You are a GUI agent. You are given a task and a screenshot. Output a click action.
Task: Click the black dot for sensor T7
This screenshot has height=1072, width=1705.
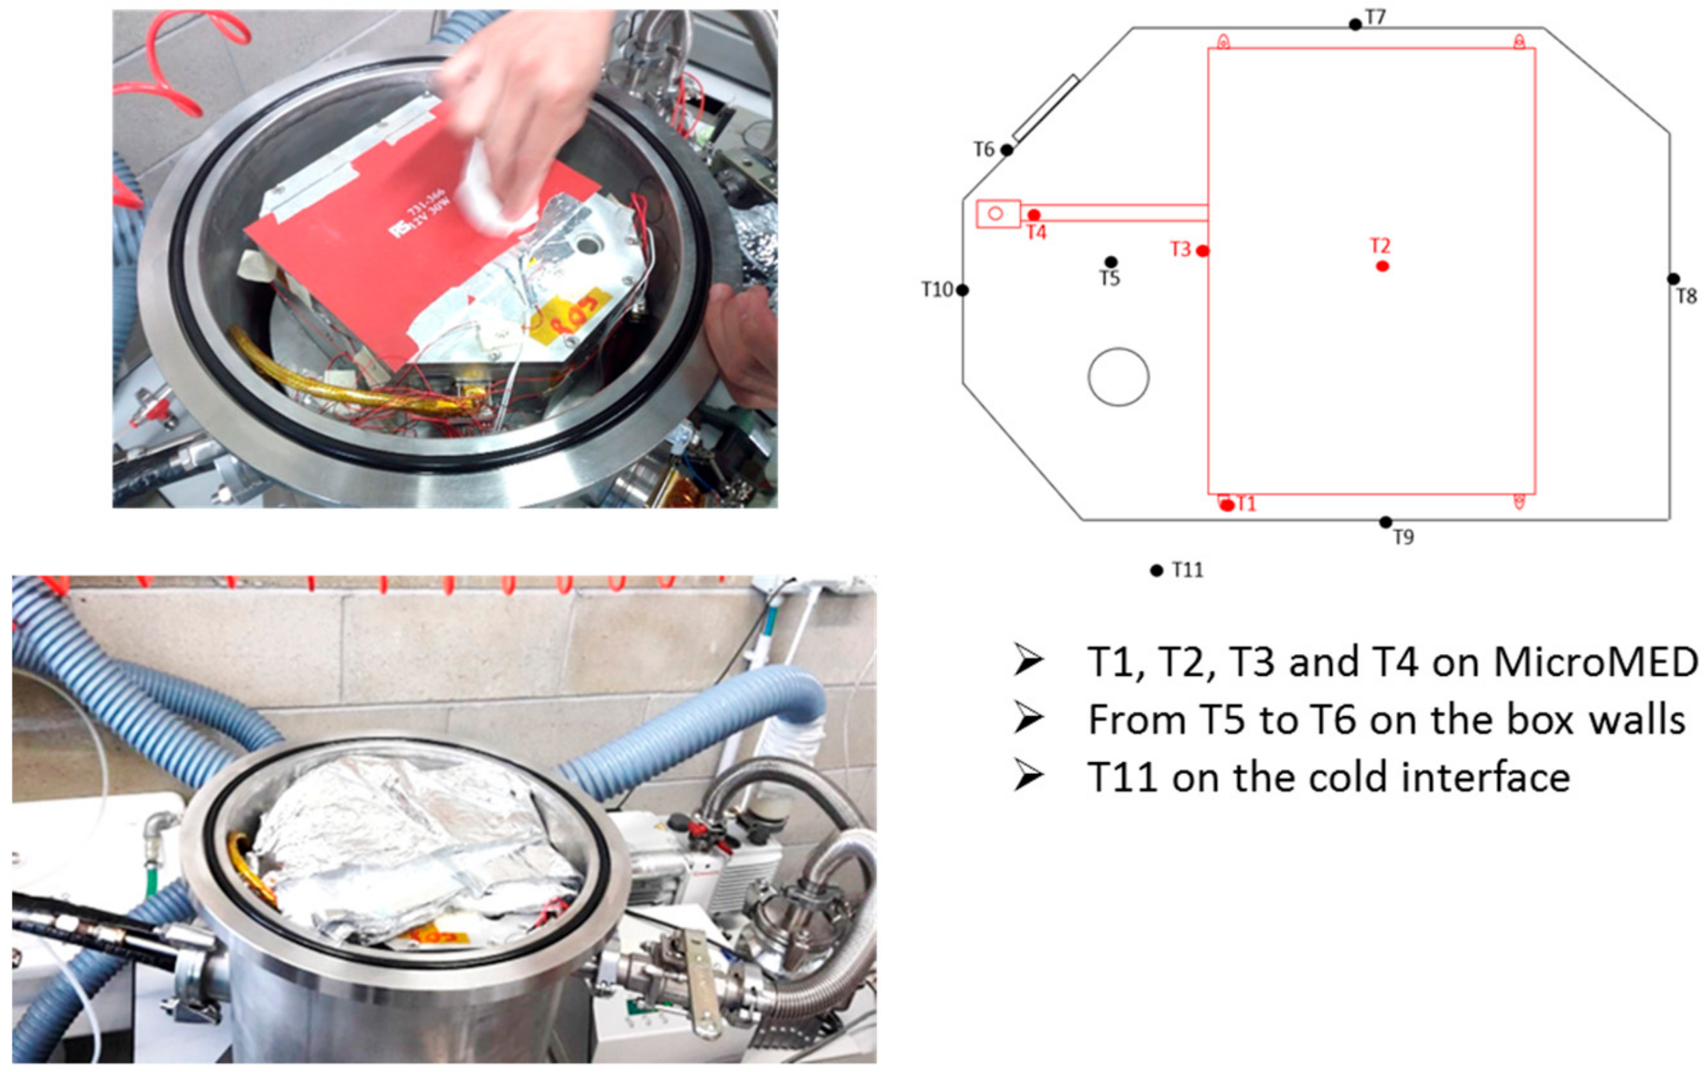tap(1355, 25)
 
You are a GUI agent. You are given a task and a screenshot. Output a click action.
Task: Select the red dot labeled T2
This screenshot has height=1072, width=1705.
tap(1382, 266)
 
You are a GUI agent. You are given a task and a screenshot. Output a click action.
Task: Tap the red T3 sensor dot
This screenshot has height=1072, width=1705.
tap(1202, 250)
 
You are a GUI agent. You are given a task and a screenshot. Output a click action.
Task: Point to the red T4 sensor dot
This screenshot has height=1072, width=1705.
tap(1034, 214)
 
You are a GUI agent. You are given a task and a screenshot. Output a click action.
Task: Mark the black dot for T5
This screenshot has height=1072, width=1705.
tap(1111, 262)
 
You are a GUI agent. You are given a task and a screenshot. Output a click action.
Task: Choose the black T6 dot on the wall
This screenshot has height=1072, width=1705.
tap(1006, 150)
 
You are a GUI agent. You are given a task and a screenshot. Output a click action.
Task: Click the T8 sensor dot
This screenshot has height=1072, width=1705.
tap(1673, 279)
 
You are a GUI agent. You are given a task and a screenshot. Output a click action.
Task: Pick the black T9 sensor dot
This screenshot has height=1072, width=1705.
tap(1386, 523)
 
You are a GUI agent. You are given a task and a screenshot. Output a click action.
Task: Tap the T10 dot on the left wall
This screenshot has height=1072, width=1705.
tap(962, 289)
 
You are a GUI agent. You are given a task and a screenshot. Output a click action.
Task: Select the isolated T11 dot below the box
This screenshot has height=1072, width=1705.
tap(1156, 570)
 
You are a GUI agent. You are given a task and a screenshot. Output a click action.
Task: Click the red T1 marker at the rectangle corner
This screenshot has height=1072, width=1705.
tap(1227, 505)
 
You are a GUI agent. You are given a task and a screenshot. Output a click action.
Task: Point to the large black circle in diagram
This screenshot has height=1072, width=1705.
tap(1118, 376)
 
